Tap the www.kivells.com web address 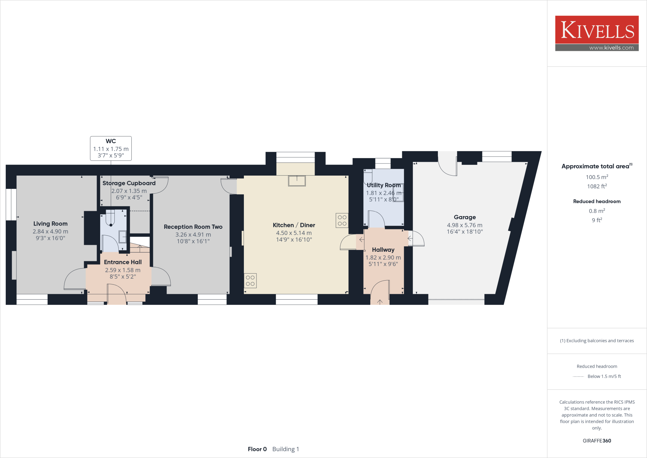click(611, 48)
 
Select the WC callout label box click(111, 148)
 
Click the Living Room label click(51, 224)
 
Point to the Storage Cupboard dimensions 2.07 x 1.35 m click(129, 191)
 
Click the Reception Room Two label click(193, 227)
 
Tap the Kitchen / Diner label click(294, 225)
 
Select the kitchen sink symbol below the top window click(297, 181)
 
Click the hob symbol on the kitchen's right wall click(342, 220)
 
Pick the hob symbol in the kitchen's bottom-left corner click(250, 281)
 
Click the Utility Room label click(384, 185)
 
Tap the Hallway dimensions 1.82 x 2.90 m click(383, 257)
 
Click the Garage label click(465, 217)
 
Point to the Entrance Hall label click(123, 262)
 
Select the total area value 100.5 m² click(597, 177)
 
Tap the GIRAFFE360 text click(597, 441)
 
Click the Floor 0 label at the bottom click(257, 449)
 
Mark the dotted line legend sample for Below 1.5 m click(578, 376)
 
